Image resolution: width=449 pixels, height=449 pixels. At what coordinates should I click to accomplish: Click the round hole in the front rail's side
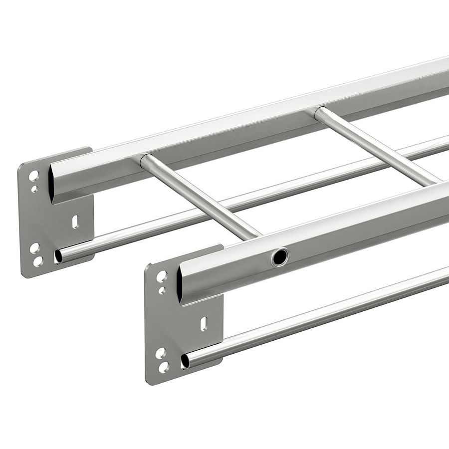point(280,257)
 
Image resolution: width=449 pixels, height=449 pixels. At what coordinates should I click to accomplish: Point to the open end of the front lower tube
point(185,361)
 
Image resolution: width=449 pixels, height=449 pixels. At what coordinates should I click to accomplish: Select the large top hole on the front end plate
point(162,276)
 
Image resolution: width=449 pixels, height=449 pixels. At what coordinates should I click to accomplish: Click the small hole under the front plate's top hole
point(162,290)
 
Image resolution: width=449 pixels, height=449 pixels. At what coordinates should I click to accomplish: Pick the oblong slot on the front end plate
point(204,324)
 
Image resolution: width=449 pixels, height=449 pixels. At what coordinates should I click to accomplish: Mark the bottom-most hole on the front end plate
point(164,368)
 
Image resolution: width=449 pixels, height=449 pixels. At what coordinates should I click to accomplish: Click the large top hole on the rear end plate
point(33,176)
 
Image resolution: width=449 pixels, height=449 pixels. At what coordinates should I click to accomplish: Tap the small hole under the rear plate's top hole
point(34,189)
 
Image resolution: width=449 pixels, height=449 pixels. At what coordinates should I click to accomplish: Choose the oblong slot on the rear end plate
point(75,221)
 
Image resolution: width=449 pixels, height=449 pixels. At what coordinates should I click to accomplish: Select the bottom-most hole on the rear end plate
point(37,261)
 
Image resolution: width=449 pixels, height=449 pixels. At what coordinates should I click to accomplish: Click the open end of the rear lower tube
point(58,256)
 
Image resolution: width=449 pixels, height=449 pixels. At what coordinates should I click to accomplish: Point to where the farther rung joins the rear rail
point(319,112)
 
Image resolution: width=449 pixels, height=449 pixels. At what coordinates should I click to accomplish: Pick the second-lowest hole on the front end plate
point(160,353)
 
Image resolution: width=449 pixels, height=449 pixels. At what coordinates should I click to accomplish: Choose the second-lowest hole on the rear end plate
point(34,248)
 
